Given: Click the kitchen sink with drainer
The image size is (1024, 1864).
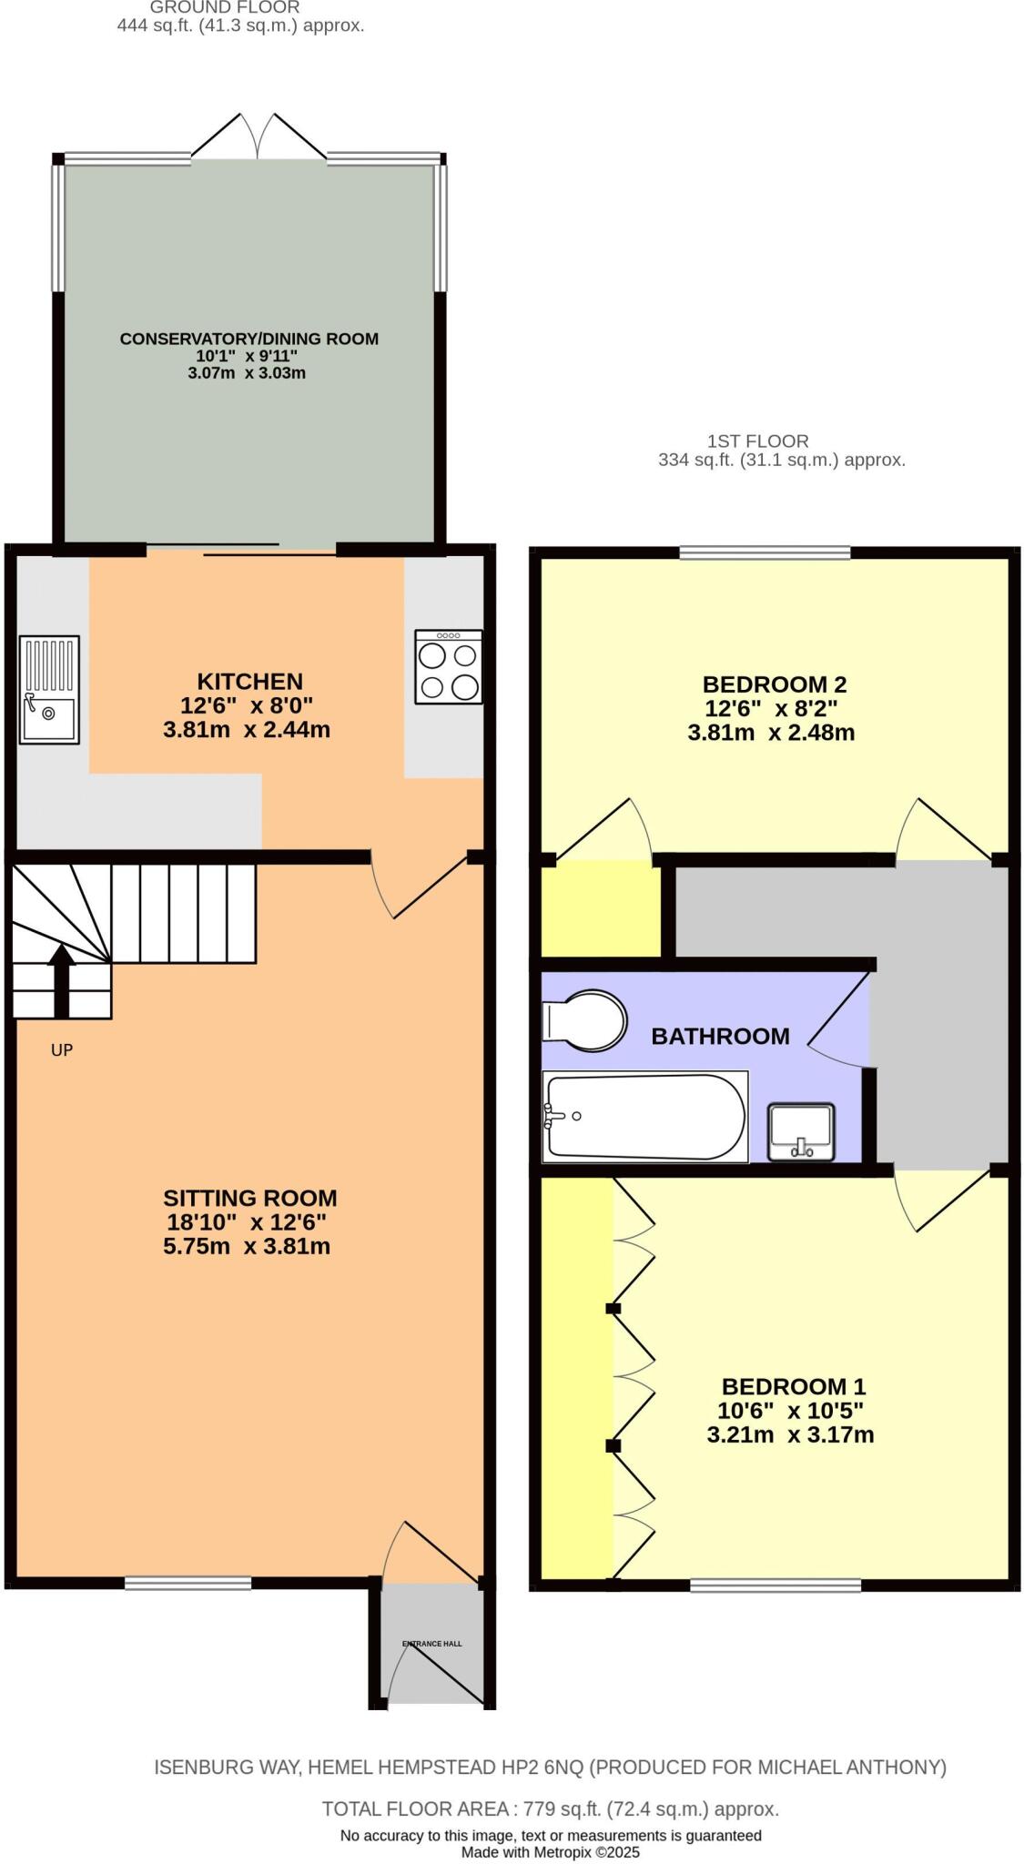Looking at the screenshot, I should coord(49,688).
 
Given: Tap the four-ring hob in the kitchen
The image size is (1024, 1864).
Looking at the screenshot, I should coord(448,667).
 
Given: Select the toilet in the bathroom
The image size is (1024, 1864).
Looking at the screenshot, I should coord(584,1020).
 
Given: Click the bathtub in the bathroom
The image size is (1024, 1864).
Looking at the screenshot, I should coord(644,1116).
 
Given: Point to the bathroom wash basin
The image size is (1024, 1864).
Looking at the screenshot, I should coord(800,1132).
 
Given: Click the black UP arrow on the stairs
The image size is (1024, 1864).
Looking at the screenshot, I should coord(61,981).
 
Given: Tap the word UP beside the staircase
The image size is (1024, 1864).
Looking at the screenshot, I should coord(61,1050).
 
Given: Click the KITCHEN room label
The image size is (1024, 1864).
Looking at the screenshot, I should coord(249,681).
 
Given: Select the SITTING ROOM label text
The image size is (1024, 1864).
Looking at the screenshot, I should coord(249,1198).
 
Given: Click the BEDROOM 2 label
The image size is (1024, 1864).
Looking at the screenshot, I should coord(774,684).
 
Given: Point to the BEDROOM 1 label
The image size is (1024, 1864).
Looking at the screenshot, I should coord(793,1386).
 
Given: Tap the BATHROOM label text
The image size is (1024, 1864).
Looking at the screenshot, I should coord(719,1036).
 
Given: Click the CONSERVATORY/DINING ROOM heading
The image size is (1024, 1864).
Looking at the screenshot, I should coord(248,339).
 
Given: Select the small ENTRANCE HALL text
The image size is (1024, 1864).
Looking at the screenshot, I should coord(431,1644).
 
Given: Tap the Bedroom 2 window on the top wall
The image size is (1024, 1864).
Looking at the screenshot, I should coord(764,552).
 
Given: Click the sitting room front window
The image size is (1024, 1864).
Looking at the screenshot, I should coord(188,1584).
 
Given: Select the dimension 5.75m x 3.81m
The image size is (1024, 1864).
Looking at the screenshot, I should coord(246,1246).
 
